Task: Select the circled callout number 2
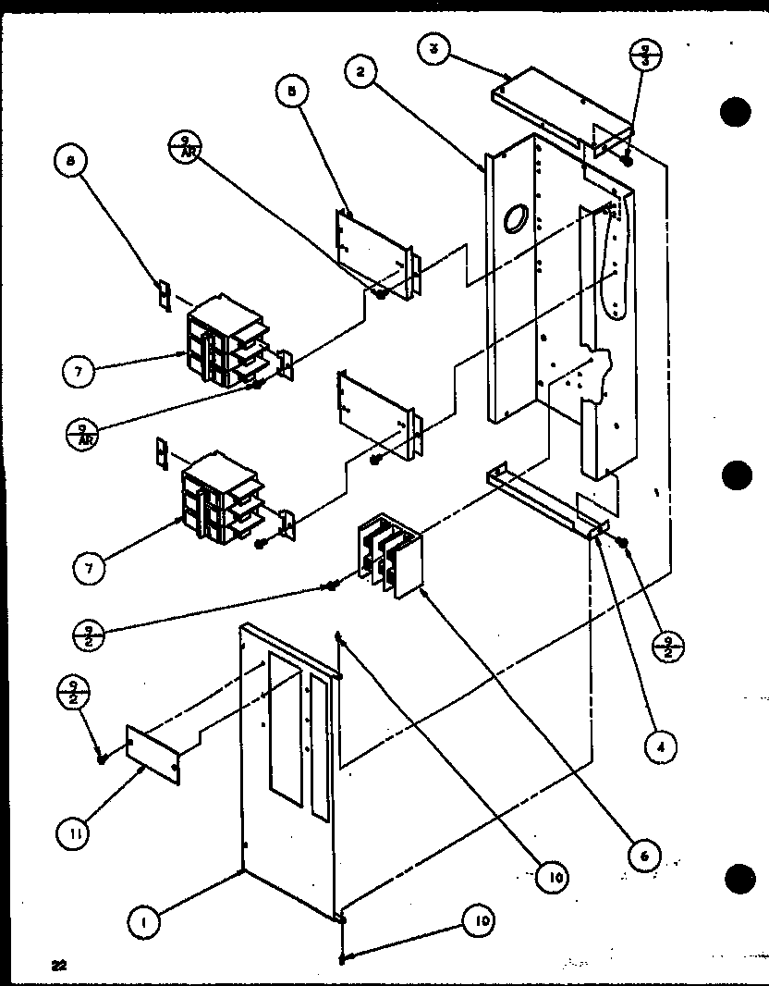pyautogui.click(x=361, y=70)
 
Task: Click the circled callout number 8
pyautogui.click(x=70, y=164)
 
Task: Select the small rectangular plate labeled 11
pyautogui.click(x=153, y=747)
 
